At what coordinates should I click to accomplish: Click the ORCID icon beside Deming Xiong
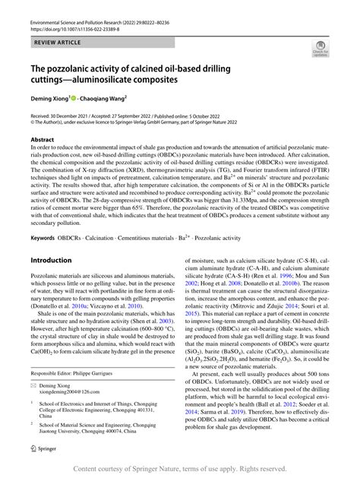[x=74, y=98]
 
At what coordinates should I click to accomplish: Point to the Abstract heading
[x=43, y=141]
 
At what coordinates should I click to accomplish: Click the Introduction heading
[x=50, y=259]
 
